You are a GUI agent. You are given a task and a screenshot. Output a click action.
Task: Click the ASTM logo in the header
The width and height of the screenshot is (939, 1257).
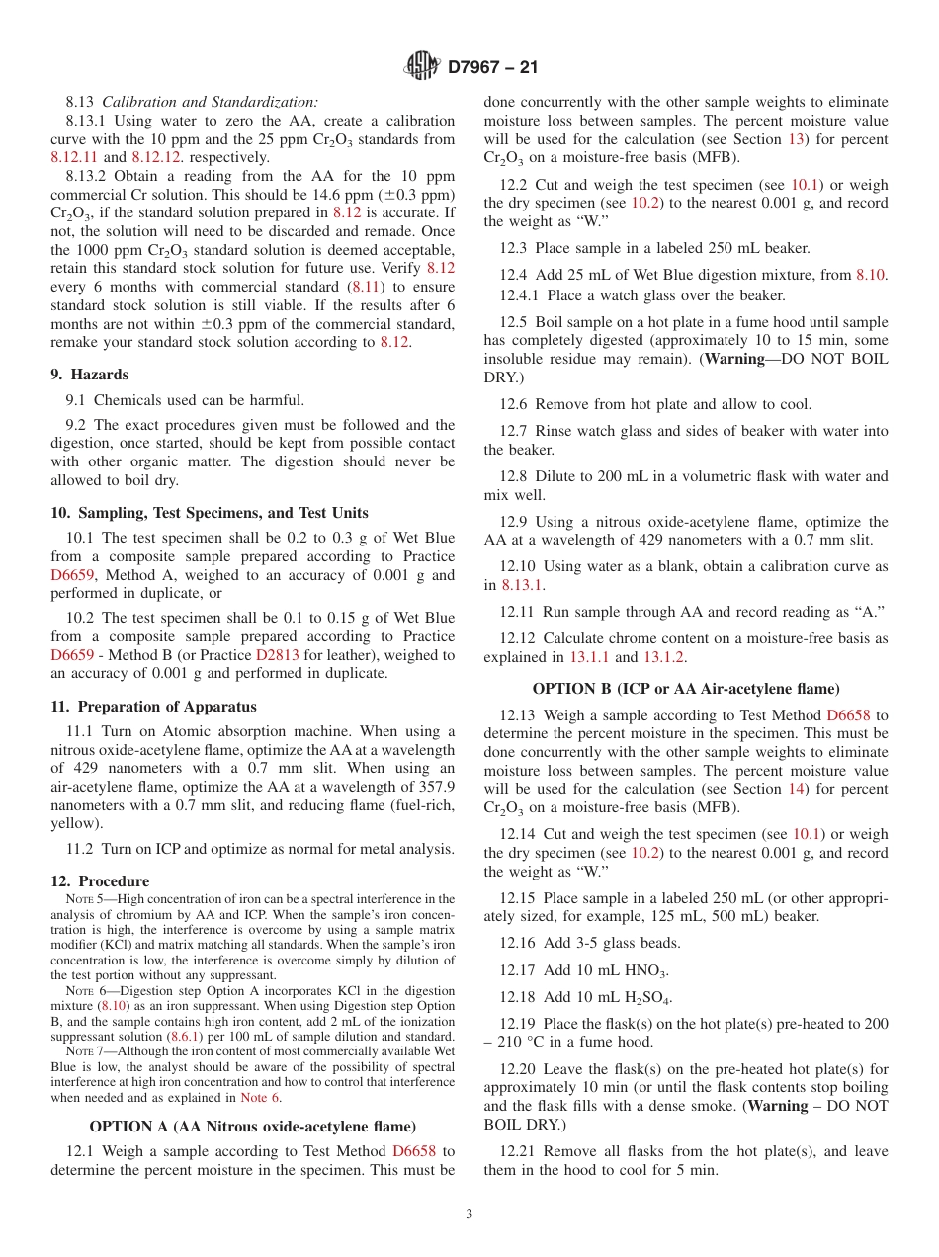pos(422,67)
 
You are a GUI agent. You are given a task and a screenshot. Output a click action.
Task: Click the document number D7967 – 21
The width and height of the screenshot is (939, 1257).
pos(492,68)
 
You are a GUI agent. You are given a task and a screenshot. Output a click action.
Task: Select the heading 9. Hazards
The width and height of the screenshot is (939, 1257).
pos(89,375)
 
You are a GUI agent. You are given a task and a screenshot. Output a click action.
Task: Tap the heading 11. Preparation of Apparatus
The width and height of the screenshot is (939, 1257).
pos(153,707)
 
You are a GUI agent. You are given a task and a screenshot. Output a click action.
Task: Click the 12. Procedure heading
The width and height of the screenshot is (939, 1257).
pos(100,881)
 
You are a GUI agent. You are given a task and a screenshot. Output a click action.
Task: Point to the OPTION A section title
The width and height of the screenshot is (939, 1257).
pos(252,1127)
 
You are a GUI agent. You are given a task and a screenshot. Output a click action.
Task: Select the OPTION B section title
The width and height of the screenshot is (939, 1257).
pos(686,689)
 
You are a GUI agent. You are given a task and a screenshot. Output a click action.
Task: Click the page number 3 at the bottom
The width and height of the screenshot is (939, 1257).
pos(469,1215)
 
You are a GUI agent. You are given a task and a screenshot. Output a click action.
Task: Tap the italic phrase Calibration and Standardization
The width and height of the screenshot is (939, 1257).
pos(211,102)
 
